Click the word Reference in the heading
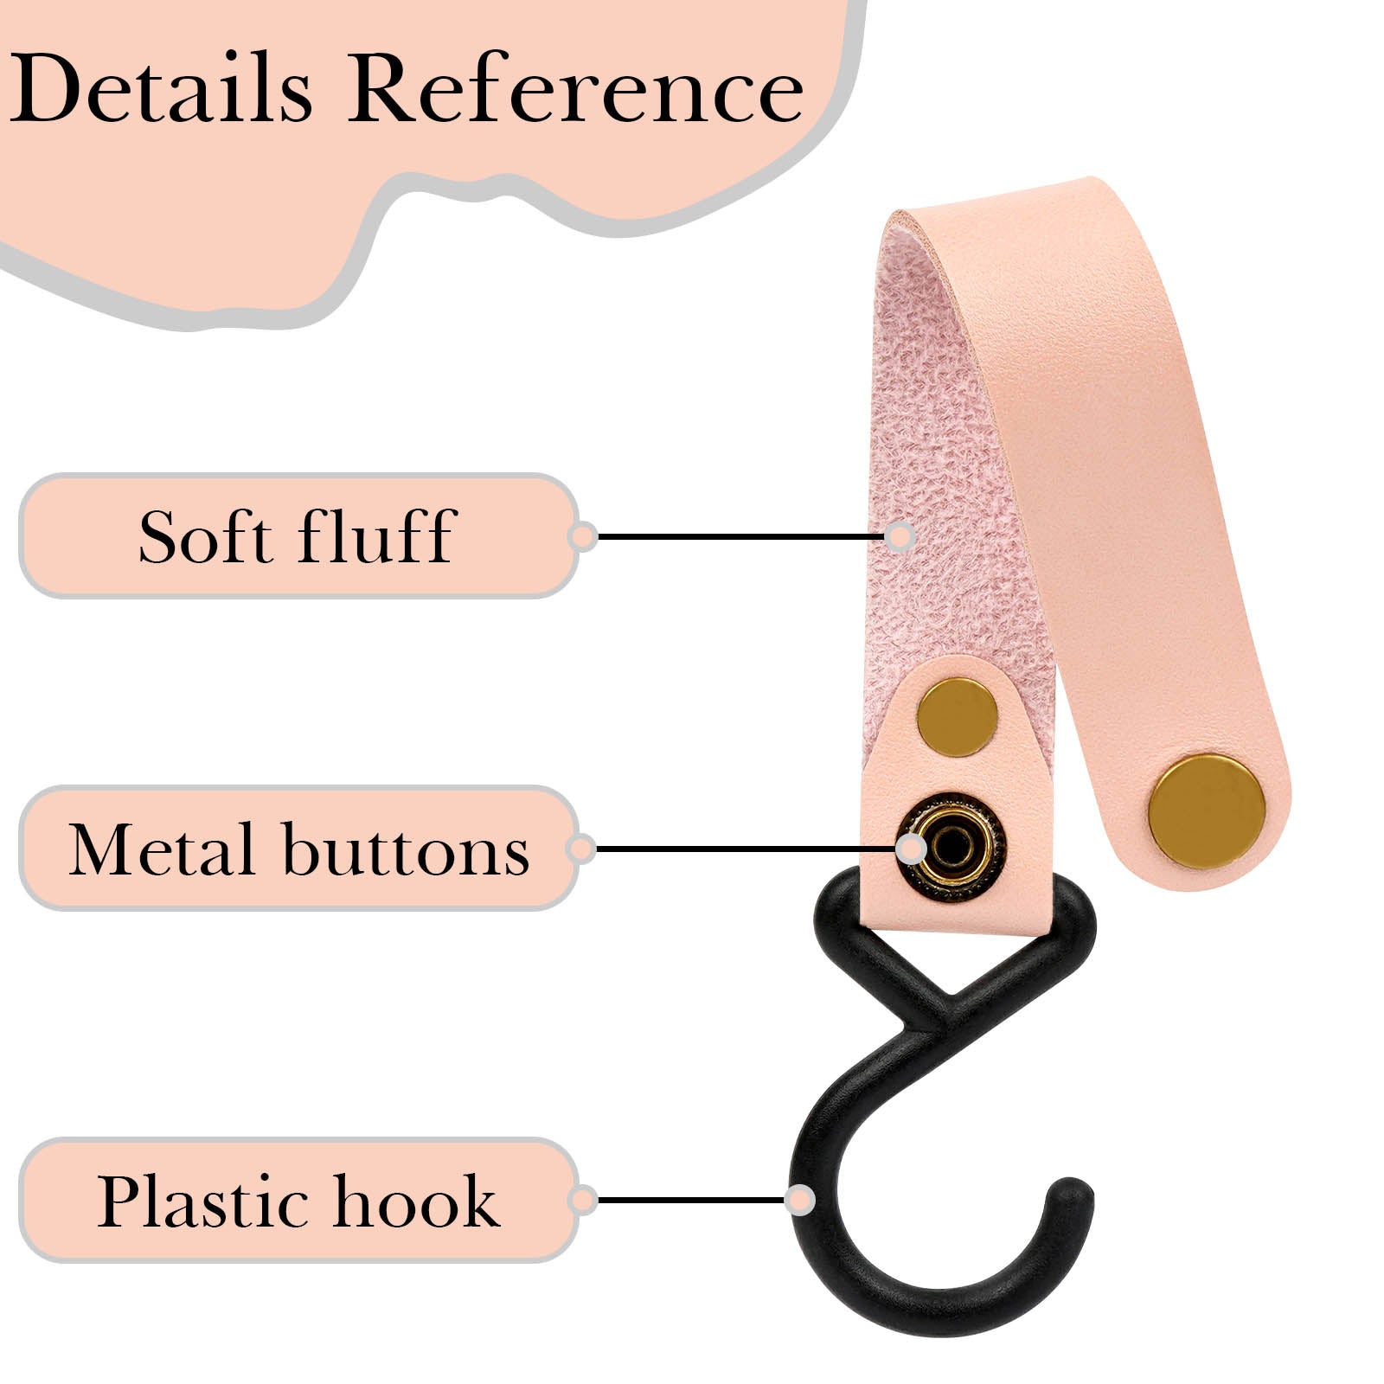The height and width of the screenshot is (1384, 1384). coord(576,90)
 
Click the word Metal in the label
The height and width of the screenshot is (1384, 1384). coord(163,849)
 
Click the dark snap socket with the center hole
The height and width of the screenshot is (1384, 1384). coord(951,846)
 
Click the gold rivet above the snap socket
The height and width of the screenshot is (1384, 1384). coord(958,717)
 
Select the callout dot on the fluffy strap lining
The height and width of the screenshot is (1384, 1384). coord(900,536)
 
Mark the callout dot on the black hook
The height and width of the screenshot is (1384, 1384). coord(801,1200)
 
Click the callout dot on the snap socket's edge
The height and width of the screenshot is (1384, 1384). coord(911,849)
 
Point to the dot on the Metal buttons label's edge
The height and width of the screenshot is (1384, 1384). coord(583,849)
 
